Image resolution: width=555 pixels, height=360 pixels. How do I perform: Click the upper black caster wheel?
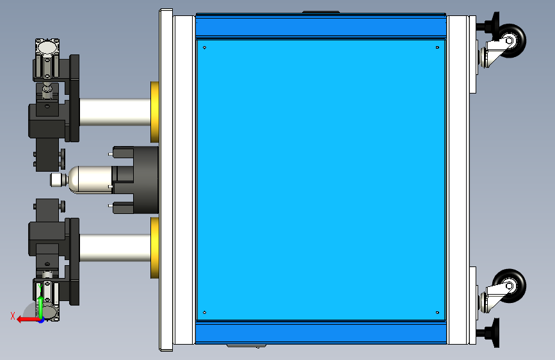[x=513, y=40]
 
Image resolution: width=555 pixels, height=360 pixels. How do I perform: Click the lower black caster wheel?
[x=513, y=286]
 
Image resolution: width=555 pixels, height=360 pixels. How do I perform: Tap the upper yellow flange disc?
[x=155, y=112]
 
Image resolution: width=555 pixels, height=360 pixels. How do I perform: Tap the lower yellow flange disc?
[x=155, y=248]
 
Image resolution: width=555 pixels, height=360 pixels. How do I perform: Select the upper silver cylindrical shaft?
[x=115, y=112]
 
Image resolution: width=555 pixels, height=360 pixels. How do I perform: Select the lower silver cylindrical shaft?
[x=115, y=248]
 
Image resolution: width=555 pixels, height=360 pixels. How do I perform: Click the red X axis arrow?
[x=29, y=320]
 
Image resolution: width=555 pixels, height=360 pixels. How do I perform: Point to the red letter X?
[x=13, y=316]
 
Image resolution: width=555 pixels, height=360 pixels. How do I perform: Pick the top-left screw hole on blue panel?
[x=204, y=47]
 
